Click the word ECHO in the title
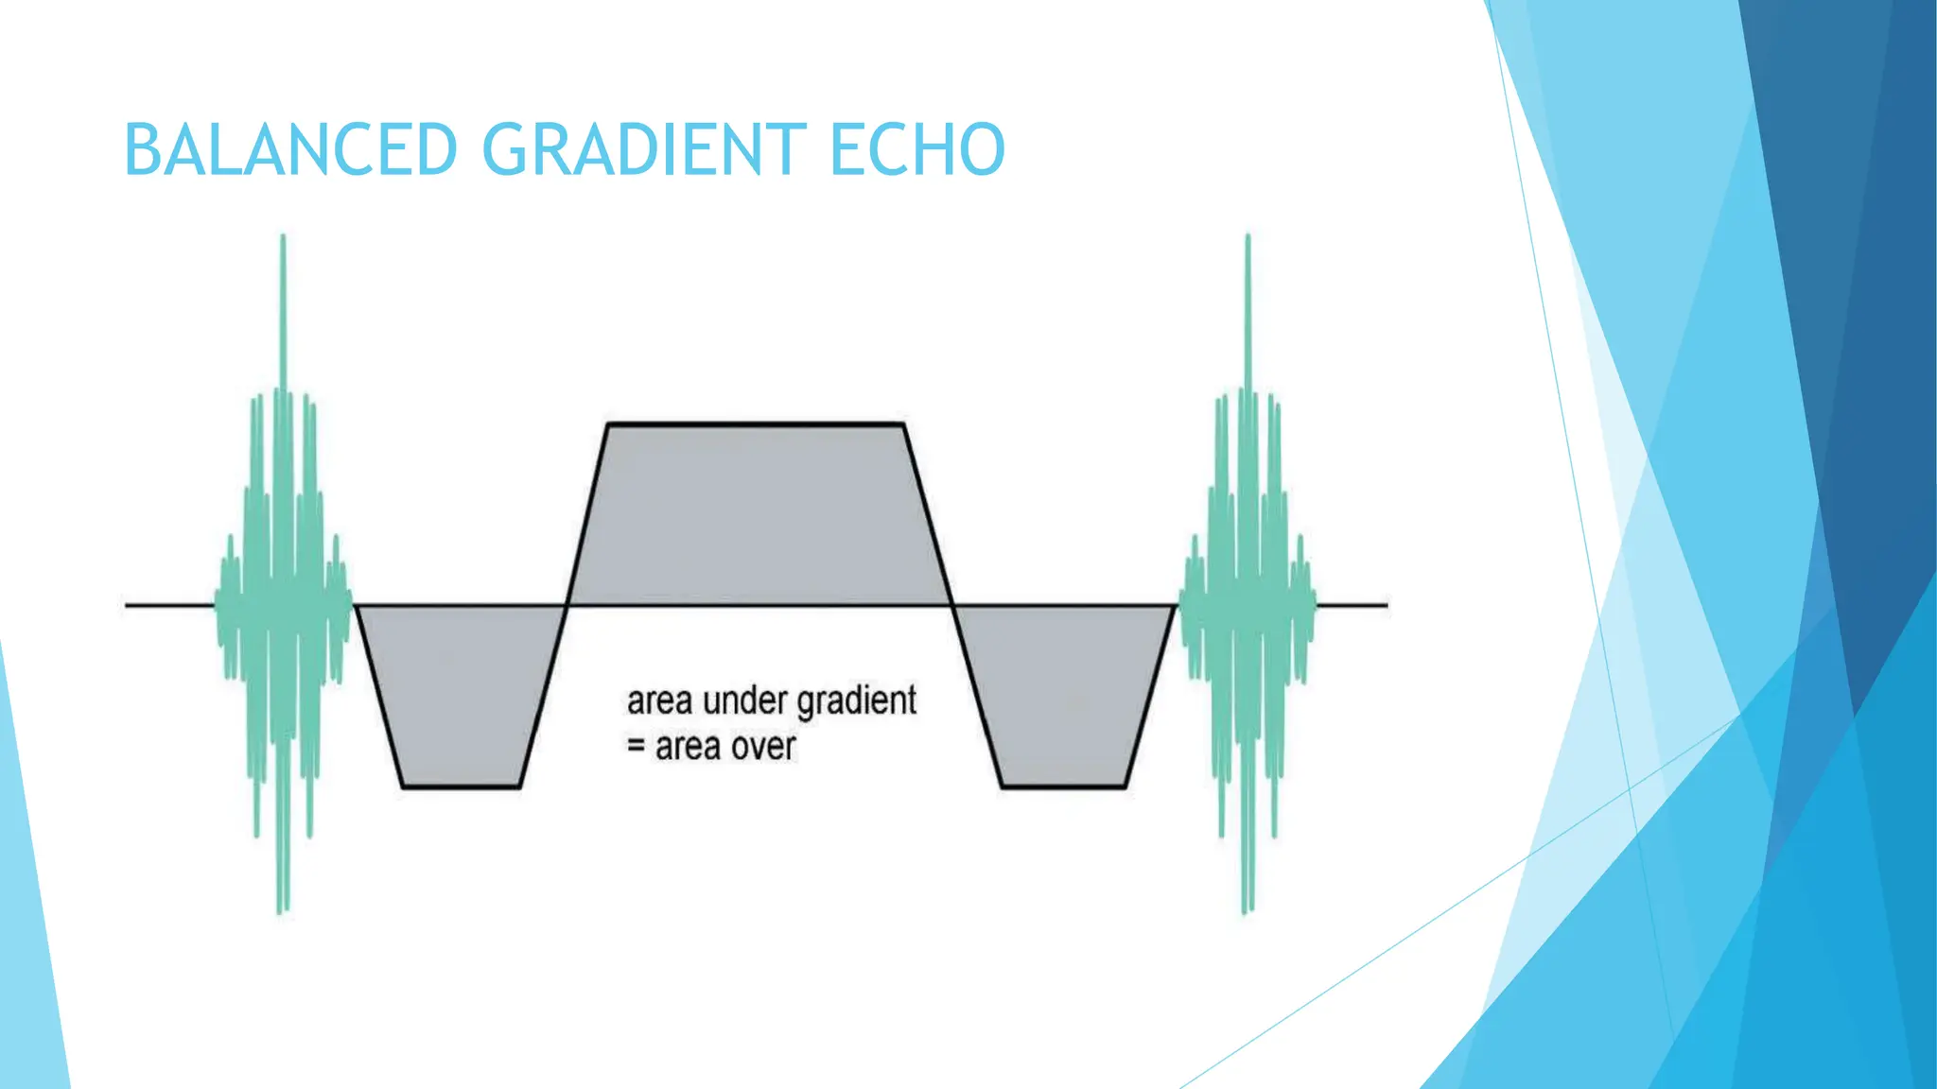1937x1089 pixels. click(916, 150)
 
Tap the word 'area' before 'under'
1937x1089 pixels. click(660, 702)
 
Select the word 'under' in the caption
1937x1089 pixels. click(745, 701)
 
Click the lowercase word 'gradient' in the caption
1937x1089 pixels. click(857, 702)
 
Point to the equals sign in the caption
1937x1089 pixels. click(637, 747)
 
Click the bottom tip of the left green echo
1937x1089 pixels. click(281, 909)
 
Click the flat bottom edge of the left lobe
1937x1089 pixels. click(462, 786)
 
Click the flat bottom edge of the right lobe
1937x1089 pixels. click(1064, 786)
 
